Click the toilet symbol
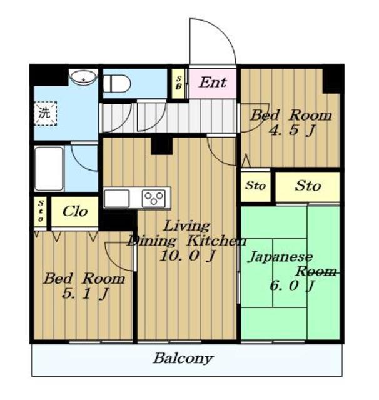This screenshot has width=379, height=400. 116,83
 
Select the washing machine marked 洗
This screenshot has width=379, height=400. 46,113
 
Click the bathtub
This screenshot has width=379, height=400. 49,168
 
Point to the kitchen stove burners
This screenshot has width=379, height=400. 154,198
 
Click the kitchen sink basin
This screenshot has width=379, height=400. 116,199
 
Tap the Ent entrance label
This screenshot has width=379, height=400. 213,82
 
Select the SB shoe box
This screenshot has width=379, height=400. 178,83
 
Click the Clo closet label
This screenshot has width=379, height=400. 75,212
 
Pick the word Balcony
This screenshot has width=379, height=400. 183,359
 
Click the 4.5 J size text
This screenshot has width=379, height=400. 293,130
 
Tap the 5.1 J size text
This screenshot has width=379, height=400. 86,294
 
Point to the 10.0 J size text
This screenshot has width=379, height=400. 188,256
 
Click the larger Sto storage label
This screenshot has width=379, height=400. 308,186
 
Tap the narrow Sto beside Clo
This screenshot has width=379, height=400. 41,211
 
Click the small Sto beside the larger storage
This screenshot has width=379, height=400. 255,186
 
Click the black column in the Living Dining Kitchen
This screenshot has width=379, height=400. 161,146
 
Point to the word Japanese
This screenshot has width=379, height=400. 280,257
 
